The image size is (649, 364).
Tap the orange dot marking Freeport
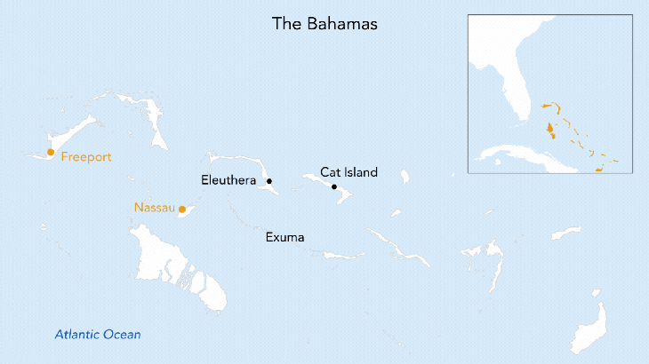[51, 153]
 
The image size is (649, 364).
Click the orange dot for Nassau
[182, 210]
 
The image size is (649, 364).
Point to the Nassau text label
[155, 208]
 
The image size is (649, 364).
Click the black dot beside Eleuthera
[269, 181]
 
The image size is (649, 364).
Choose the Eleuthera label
[229, 181]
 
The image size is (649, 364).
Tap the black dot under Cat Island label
[334, 187]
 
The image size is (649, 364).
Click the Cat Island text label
[349, 172]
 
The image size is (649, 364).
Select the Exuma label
[284, 238]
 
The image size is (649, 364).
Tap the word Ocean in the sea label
[123, 335]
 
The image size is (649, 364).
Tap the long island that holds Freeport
[71, 146]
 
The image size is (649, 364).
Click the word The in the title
[284, 24]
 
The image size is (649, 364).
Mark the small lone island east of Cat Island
[405, 177]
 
